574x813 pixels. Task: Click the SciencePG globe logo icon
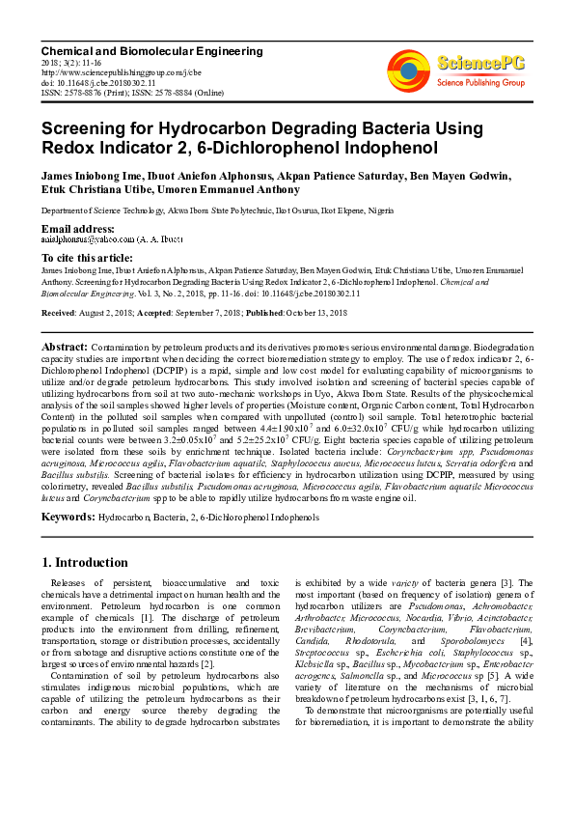pyautogui.click(x=409, y=69)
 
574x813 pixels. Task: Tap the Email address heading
pyautogui.click(x=78, y=228)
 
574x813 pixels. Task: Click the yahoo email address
pyautogui.click(x=85, y=238)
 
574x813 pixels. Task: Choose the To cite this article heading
pyautogui.click(x=87, y=258)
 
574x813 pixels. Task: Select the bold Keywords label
pyautogui.click(x=68, y=518)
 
